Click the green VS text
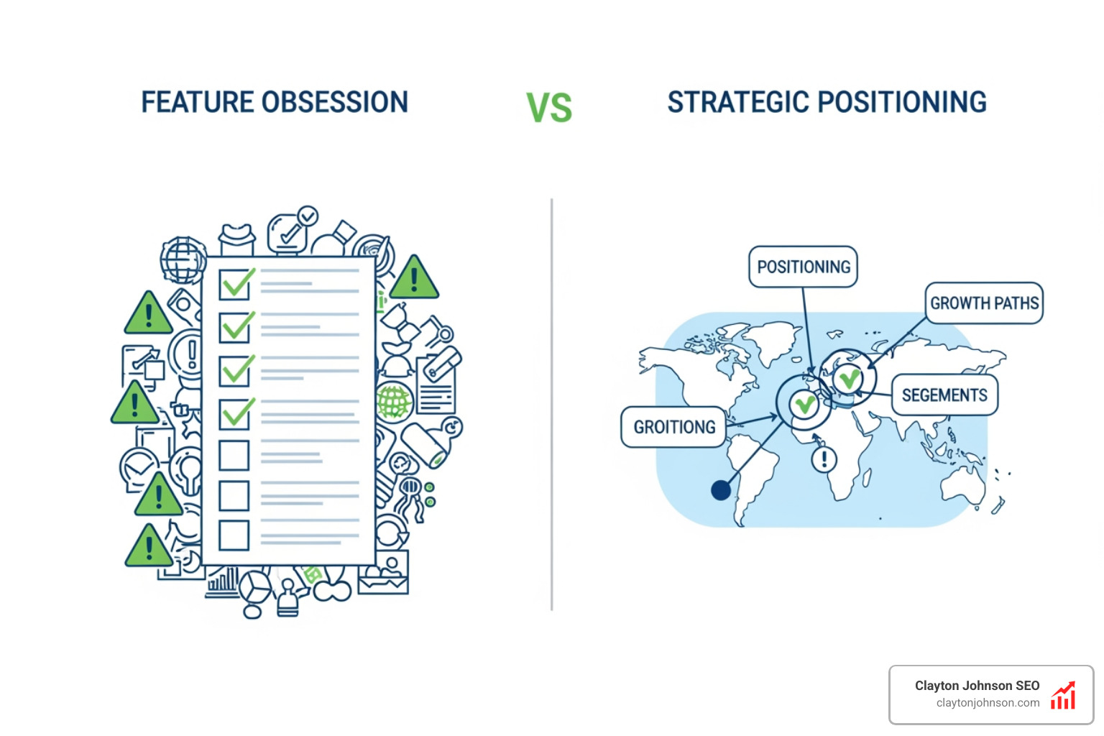(549, 109)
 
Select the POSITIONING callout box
(803, 267)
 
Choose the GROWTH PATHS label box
(983, 303)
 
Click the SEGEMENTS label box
(944, 395)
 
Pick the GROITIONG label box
(673, 428)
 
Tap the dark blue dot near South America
(720, 490)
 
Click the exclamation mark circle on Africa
(824, 459)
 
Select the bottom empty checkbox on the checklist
(234, 535)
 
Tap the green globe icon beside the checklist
(394, 401)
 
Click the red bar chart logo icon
(1063, 696)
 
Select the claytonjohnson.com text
(988, 703)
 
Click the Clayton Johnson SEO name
(977, 686)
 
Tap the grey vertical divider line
(551, 402)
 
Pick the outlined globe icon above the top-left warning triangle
(183, 259)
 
